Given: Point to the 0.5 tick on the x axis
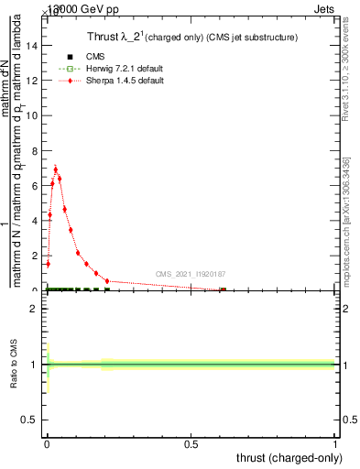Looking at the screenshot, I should [x=191, y=444].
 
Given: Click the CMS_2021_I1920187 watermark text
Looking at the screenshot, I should [x=190, y=273].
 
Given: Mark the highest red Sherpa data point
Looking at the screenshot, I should [x=56, y=169].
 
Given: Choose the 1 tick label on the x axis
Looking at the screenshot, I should [x=334, y=444].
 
